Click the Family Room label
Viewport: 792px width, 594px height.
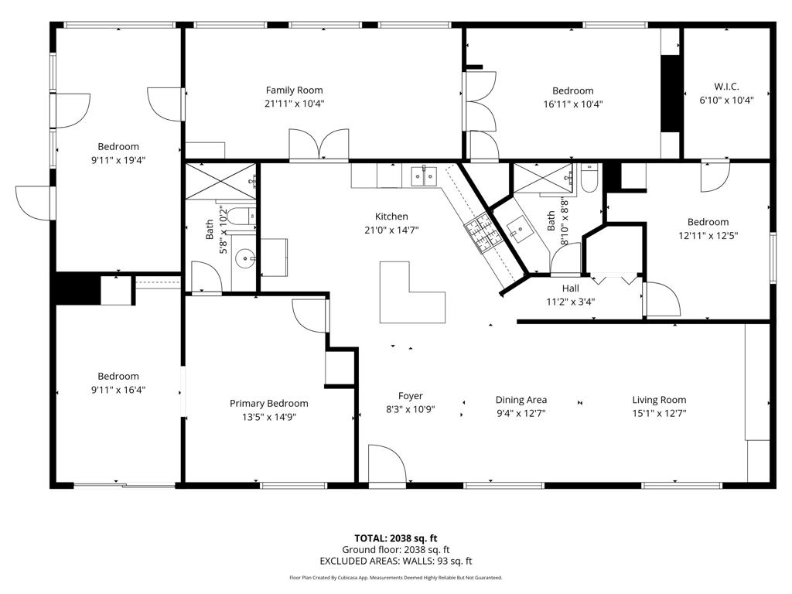tap(294, 90)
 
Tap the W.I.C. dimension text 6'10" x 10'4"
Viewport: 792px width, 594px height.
tap(726, 100)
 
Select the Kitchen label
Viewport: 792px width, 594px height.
tap(391, 217)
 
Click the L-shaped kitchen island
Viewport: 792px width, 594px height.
tap(412, 292)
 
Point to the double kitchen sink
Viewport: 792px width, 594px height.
tap(423, 176)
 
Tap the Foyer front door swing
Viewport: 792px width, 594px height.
tap(387, 464)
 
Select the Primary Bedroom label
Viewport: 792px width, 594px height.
tap(268, 404)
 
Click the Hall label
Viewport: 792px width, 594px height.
tap(570, 288)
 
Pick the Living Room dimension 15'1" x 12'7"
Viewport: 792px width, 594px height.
tap(659, 413)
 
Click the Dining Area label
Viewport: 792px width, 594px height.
tap(521, 400)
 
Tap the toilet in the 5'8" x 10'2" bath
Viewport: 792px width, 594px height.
tap(241, 217)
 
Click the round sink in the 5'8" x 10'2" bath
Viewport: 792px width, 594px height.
tap(245, 258)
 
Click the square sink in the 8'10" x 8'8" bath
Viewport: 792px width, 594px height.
tap(518, 228)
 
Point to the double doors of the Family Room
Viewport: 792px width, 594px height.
tap(319, 145)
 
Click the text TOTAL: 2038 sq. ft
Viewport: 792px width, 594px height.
tap(395, 538)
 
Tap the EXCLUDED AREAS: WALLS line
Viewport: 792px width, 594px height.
tap(395, 561)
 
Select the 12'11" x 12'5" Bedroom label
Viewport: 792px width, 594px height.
tap(708, 222)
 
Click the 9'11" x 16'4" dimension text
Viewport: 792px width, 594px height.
tap(118, 390)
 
